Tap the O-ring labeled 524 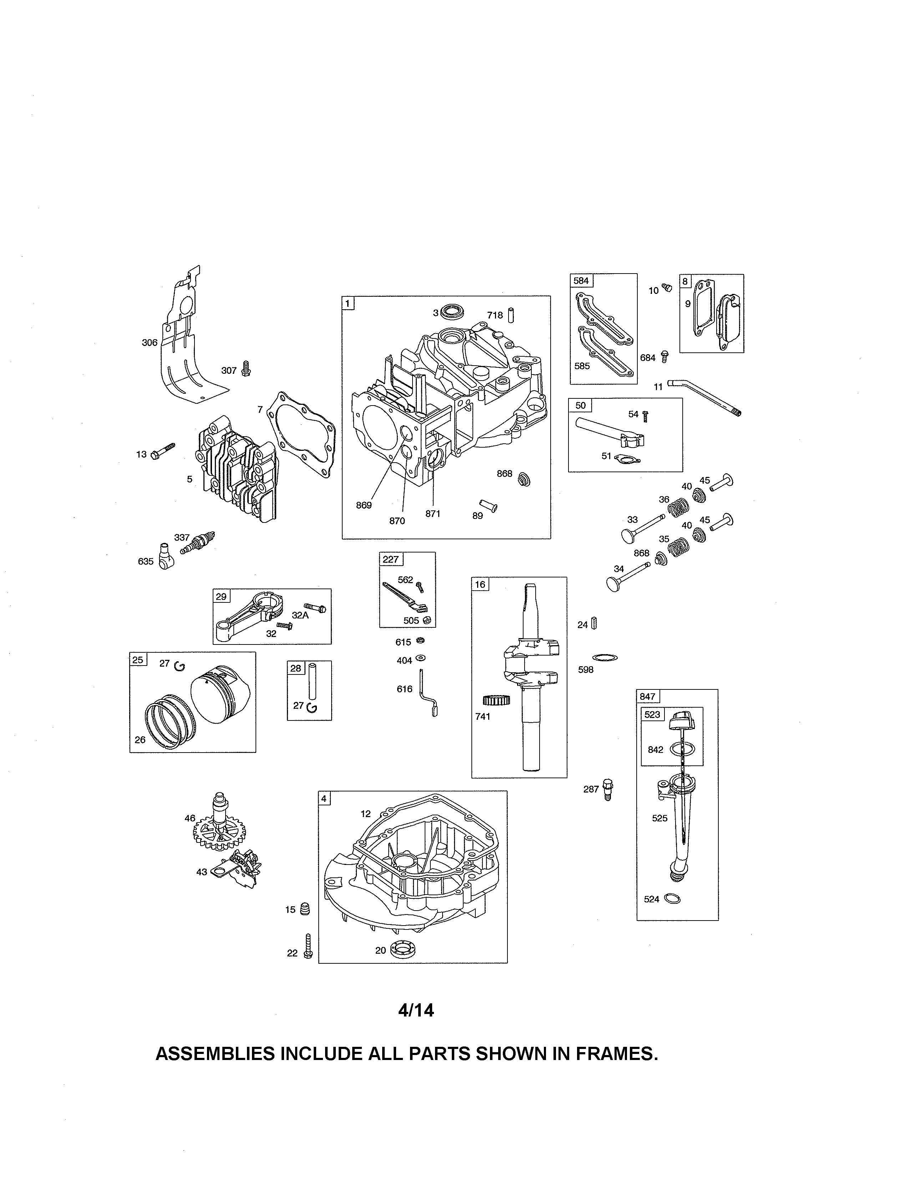click(672, 898)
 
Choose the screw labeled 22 click(308, 946)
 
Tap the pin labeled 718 click(511, 314)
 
